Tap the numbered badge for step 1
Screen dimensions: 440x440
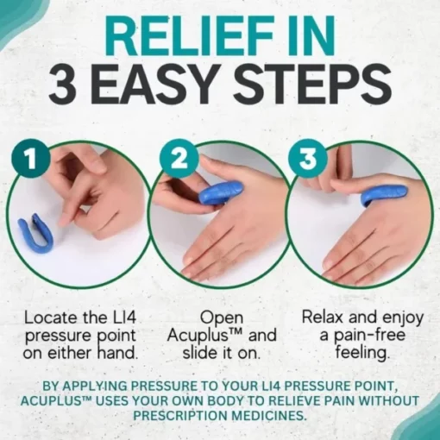[x=31, y=160]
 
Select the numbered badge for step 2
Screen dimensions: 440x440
[x=179, y=158]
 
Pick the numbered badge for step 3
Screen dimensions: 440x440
[x=308, y=158]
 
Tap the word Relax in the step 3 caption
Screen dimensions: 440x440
[x=325, y=317]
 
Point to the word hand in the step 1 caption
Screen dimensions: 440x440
[x=116, y=353]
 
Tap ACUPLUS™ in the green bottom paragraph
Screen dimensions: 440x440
[x=56, y=401]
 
